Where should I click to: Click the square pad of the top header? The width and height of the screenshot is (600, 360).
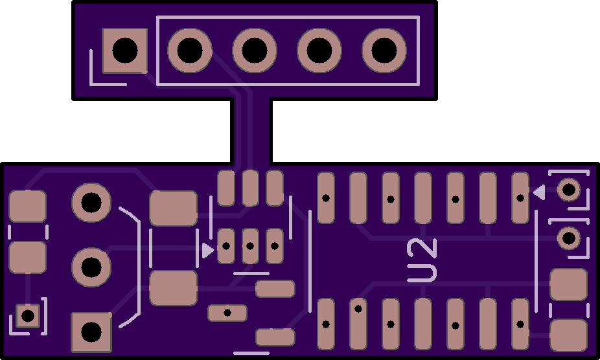tap(125, 51)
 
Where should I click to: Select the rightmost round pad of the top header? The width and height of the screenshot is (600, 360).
tap(384, 51)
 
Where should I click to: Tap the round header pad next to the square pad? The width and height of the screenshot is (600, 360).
tap(190, 51)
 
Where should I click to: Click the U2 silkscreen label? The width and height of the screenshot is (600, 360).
tap(422, 260)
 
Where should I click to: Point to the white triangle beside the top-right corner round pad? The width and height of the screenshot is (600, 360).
tap(540, 192)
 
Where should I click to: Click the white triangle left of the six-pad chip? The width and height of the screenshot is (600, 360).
tap(207, 251)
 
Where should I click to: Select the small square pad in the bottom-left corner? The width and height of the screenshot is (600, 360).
tap(28, 316)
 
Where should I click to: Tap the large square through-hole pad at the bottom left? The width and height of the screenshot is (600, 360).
tap(91, 332)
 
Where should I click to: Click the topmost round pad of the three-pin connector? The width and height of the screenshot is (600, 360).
tap(91, 203)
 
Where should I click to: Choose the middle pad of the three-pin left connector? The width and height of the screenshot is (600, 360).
tap(91, 267)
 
